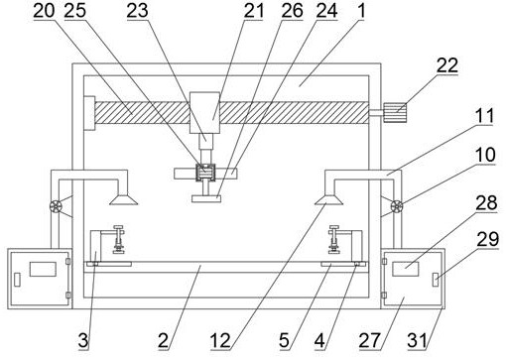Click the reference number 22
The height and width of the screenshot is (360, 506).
447,65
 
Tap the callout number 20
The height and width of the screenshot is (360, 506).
44,11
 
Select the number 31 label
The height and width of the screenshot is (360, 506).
417,340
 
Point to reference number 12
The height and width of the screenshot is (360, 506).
220,340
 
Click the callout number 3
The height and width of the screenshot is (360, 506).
83,340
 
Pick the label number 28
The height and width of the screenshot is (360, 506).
486,202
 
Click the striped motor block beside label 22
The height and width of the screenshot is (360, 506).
395,113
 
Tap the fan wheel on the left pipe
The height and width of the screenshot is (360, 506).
56,206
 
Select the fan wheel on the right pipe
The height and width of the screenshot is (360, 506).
397,206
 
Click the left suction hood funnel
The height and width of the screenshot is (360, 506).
124,200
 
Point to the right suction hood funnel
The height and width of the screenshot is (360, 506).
328,200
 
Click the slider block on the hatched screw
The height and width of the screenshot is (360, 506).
204,113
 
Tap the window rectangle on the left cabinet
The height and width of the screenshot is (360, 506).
43,269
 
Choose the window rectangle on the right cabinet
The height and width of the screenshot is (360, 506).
406,269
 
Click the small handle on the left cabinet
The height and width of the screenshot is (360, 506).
17,280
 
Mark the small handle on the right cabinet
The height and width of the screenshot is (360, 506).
437,280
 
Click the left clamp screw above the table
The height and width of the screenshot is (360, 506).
118,239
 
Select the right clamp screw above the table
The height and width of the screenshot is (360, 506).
334,239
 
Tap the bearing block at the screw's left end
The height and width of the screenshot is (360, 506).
89,113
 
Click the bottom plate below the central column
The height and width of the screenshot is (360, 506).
206,198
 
